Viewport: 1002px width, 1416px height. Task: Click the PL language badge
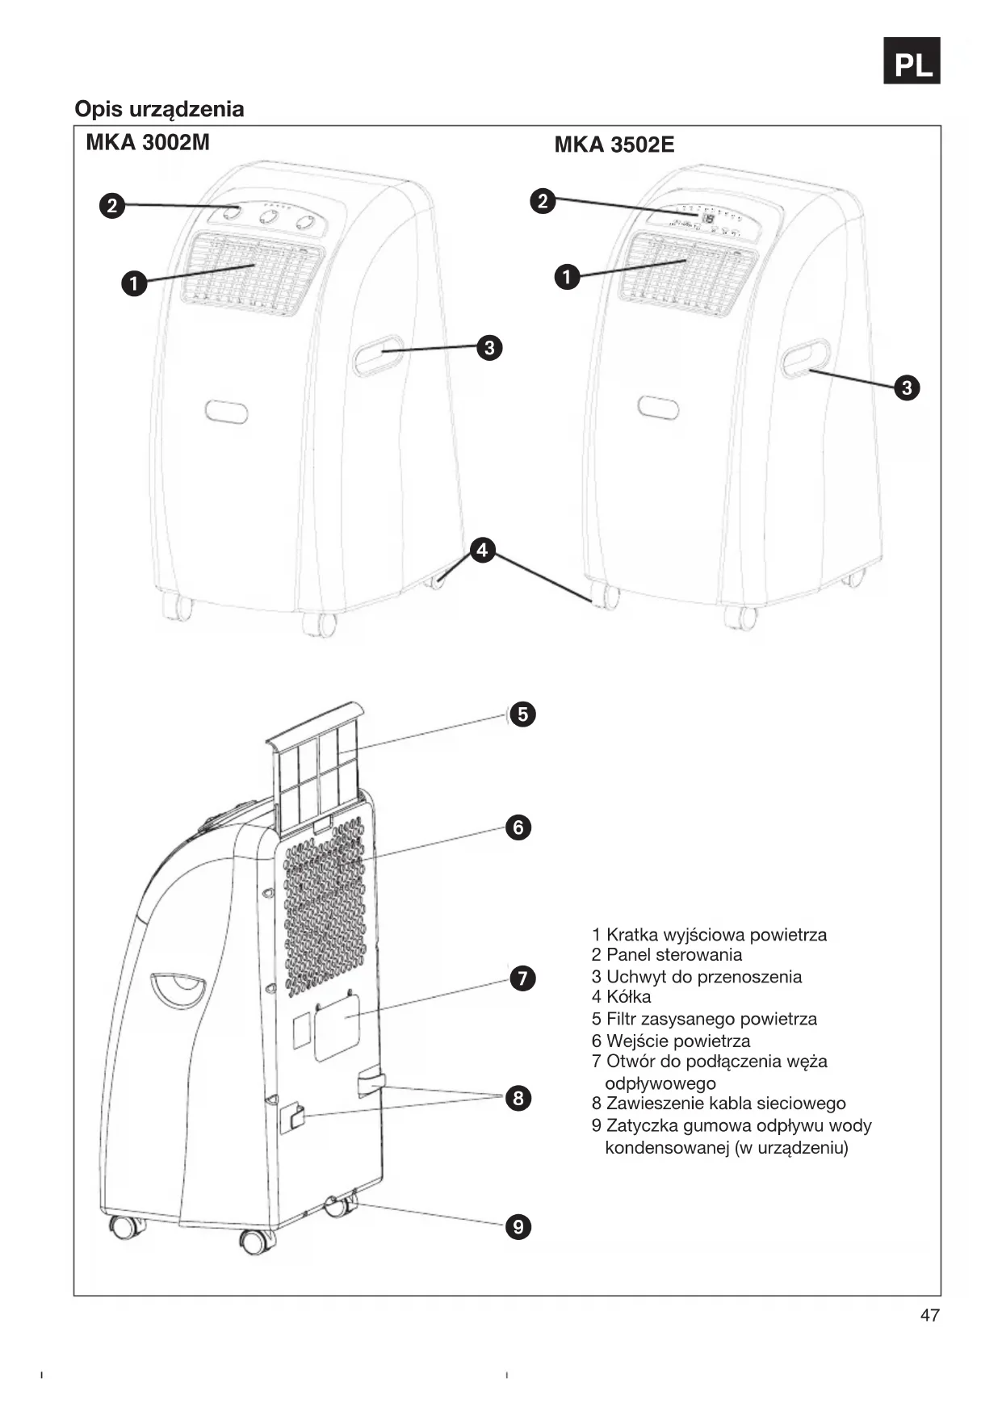[912, 61]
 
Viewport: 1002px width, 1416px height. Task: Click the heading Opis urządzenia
[159, 109]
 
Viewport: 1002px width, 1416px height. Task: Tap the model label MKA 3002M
[148, 143]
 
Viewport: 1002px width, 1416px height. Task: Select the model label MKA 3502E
[614, 145]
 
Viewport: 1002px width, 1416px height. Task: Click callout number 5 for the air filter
[522, 714]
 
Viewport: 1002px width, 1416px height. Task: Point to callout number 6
[518, 827]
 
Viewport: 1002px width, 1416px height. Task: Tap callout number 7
[522, 978]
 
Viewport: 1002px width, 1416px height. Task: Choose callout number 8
[518, 1098]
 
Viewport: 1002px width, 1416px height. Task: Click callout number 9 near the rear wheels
[518, 1227]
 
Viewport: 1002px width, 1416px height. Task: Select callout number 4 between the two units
[482, 551]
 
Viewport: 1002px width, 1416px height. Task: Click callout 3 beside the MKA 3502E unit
[907, 388]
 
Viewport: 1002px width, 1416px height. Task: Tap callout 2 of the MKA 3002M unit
[112, 206]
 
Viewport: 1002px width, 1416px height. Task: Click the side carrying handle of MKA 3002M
[379, 355]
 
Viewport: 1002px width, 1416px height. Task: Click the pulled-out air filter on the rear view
[317, 767]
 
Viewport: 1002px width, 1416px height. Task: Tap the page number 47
[929, 1316]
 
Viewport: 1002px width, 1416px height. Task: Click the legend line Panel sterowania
[666, 955]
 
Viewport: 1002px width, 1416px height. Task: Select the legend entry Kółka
[621, 997]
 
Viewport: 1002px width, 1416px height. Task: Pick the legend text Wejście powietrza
[670, 1041]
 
